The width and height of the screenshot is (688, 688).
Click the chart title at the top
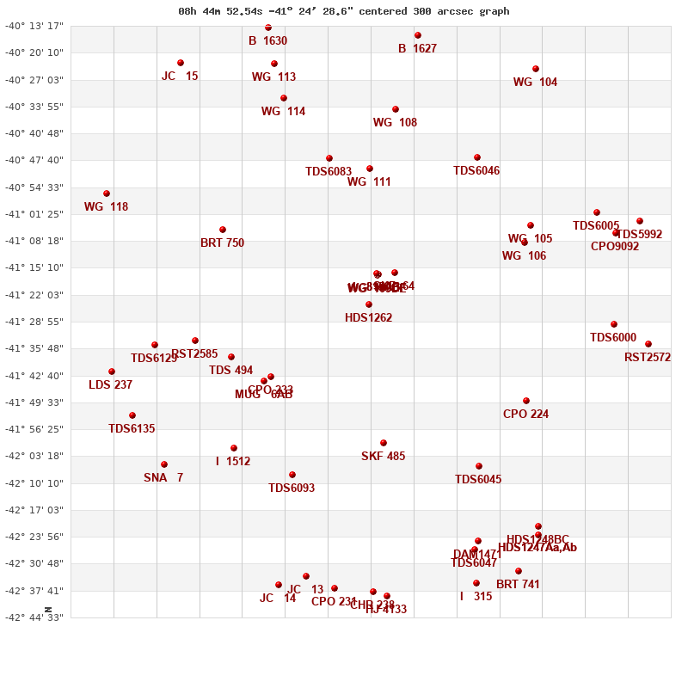pos(344,11)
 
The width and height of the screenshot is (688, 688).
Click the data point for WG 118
pos(107,193)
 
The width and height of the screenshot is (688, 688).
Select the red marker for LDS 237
pos(112,372)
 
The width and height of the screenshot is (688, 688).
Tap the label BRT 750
pos(222,243)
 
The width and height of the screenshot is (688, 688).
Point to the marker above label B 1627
pos(418,35)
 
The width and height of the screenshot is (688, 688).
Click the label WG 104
pos(535,83)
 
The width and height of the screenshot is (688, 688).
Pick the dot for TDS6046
pos(477,157)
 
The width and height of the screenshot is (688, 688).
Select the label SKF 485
pos(383,457)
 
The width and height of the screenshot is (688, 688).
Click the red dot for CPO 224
pos(526,401)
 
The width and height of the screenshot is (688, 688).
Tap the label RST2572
pos(648,358)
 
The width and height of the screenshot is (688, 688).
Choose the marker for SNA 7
pos(164,464)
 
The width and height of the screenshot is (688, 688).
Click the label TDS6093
pos(292,488)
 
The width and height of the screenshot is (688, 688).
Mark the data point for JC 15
pos(181,63)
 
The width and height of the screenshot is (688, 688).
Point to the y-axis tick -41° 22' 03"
pos(34,295)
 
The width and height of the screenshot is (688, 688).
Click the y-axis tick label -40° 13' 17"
pos(34,26)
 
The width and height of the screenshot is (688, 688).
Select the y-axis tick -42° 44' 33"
pos(34,617)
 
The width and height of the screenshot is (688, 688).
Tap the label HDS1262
pos(368,318)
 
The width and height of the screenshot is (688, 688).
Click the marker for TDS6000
pos(614,324)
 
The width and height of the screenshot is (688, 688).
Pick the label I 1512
pos(233,462)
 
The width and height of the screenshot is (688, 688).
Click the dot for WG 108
pos(396,109)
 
